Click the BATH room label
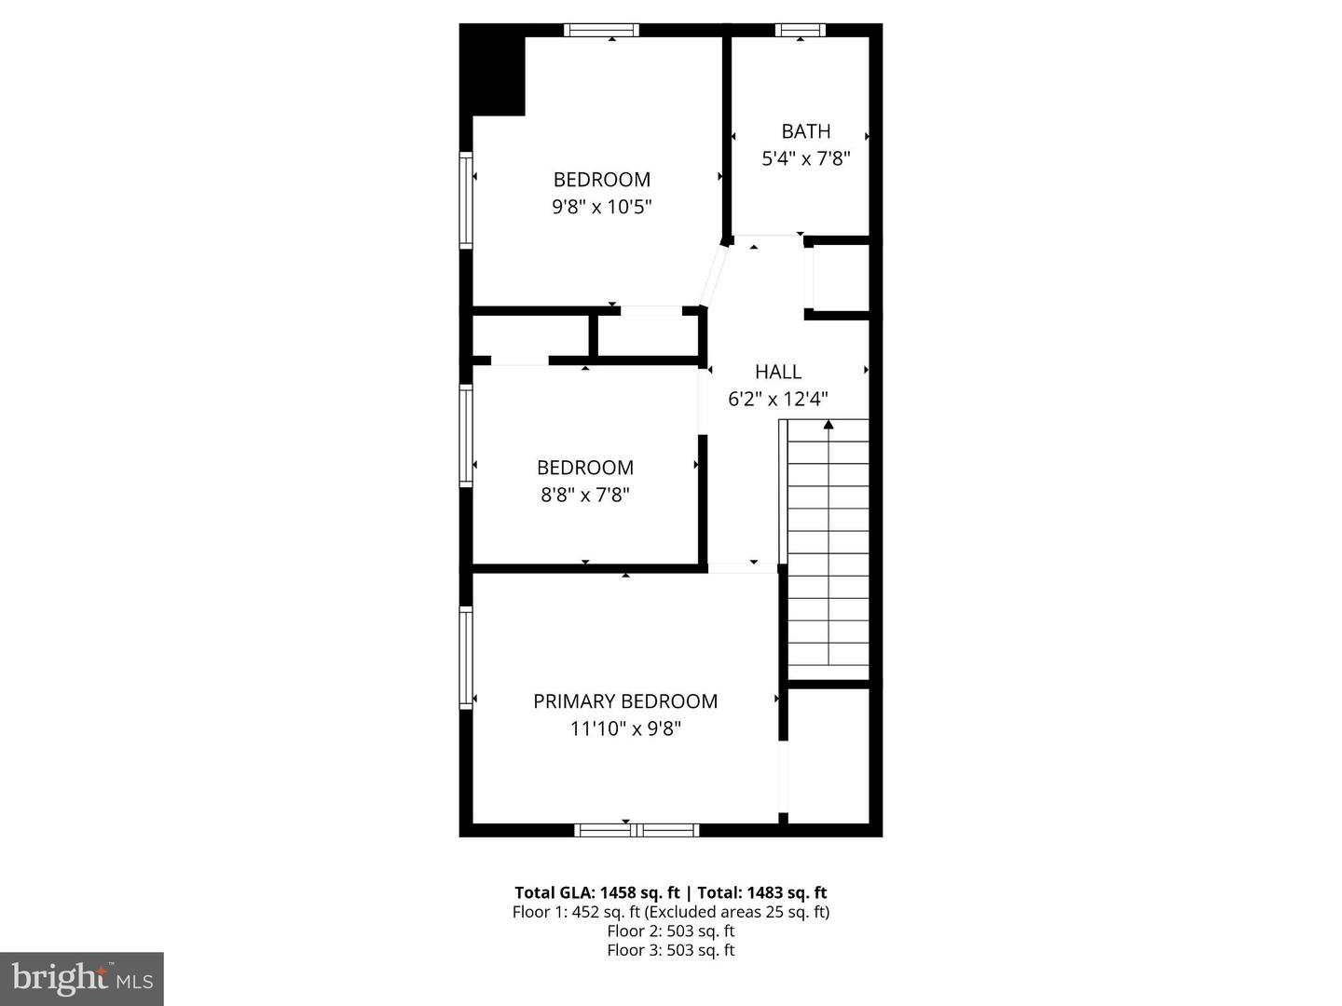[x=805, y=131]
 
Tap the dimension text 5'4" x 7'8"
[x=805, y=158]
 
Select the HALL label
[x=778, y=372]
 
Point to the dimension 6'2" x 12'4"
[x=778, y=399]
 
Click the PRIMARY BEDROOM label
[x=625, y=701]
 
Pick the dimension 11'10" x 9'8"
[x=625, y=728]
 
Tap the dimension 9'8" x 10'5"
[x=601, y=206]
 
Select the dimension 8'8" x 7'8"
[x=585, y=495]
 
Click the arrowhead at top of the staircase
[x=828, y=426]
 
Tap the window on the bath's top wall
[x=800, y=30]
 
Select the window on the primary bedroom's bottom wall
[x=637, y=829]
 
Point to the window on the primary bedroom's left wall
[x=466, y=658]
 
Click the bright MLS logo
[x=82, y=978]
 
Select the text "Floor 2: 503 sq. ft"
[x=671, y=931]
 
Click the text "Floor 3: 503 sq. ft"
[x=671, y=950]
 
